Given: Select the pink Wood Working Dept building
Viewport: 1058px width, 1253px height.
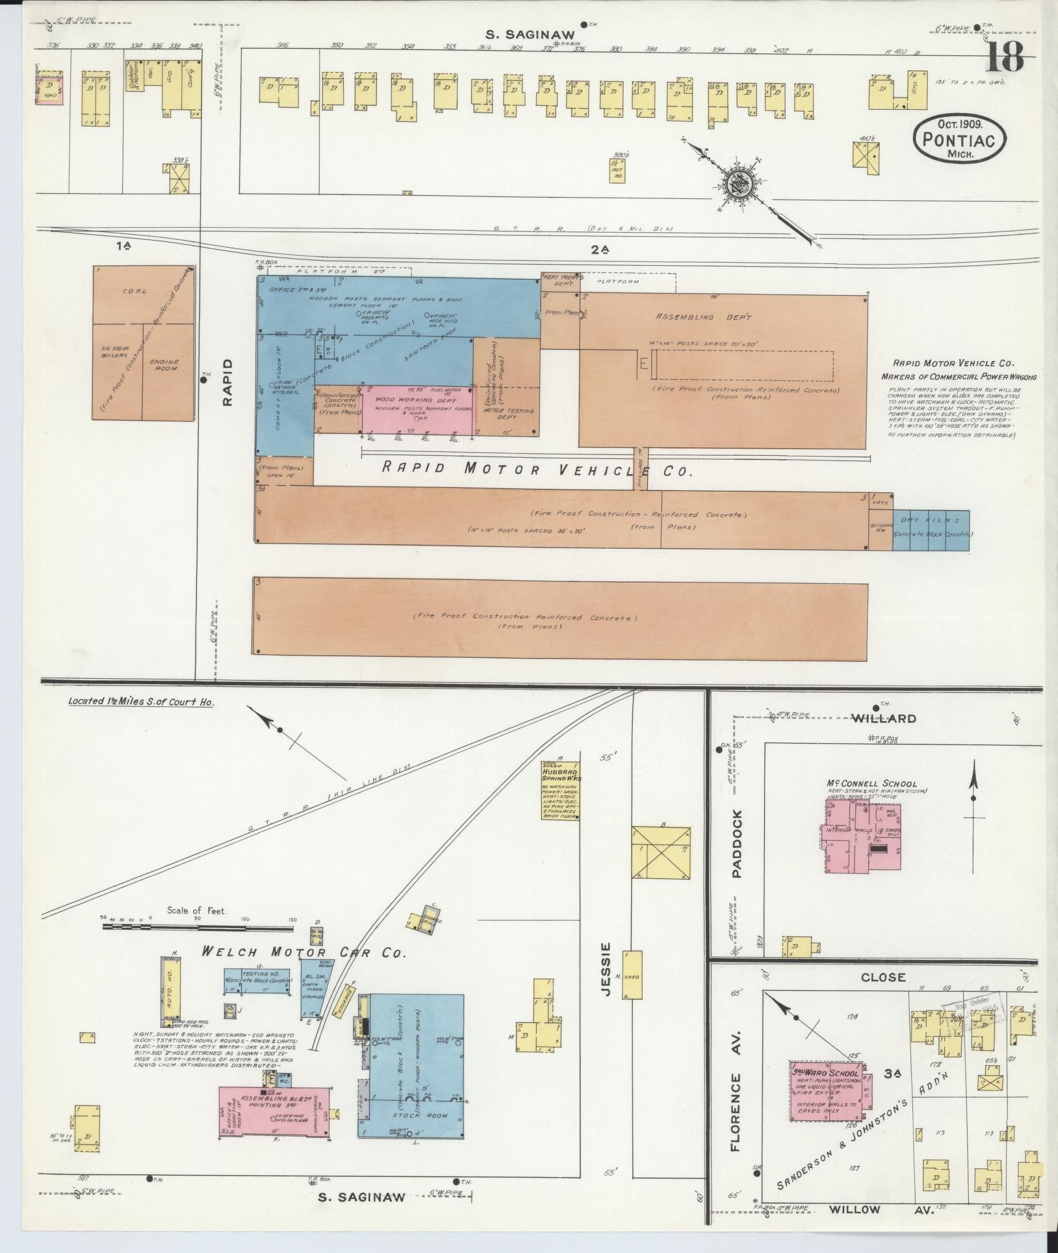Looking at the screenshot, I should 418,410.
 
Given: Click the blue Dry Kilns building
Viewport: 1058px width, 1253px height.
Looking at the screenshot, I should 931,530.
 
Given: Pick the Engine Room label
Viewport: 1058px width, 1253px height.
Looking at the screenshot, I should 168,365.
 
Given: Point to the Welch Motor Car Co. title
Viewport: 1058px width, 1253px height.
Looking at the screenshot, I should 303,953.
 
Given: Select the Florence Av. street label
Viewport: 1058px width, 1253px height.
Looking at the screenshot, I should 736,1086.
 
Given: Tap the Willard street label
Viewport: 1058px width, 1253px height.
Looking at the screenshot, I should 884,719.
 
